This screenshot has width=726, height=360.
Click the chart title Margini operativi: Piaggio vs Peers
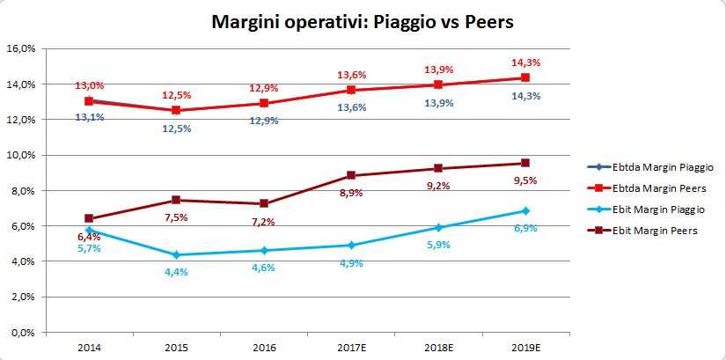tap(362, 21)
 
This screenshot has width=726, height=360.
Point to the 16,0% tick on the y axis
tap(20, 48)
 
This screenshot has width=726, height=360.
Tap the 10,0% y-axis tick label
tap(20, 155)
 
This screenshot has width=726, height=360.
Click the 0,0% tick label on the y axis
tap(22, 333)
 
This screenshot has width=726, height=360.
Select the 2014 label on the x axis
tap(89, 349)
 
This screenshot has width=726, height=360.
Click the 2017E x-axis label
tap(351, 349)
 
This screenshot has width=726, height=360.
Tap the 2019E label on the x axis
tap(525, 349)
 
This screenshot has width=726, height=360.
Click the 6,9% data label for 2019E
tap(526, 228)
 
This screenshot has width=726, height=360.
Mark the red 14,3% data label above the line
tap(526, 62)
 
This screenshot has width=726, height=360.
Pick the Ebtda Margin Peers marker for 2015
tap(176, 110)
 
